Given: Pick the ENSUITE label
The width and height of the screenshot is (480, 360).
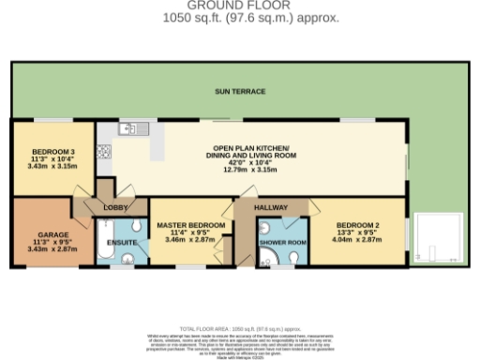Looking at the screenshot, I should (x=122, y=244).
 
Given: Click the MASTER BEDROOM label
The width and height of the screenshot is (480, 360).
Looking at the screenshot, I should (x=190, y=226).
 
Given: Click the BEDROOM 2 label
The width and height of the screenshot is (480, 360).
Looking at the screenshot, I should (x=357, y=226).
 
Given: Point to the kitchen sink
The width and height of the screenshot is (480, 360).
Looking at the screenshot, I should (x=128, y=129).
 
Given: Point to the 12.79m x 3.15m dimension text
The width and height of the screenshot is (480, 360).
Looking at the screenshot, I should (x=251, y=170).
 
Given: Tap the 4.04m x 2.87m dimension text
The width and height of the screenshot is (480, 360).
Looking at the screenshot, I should (x=357, y=241).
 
